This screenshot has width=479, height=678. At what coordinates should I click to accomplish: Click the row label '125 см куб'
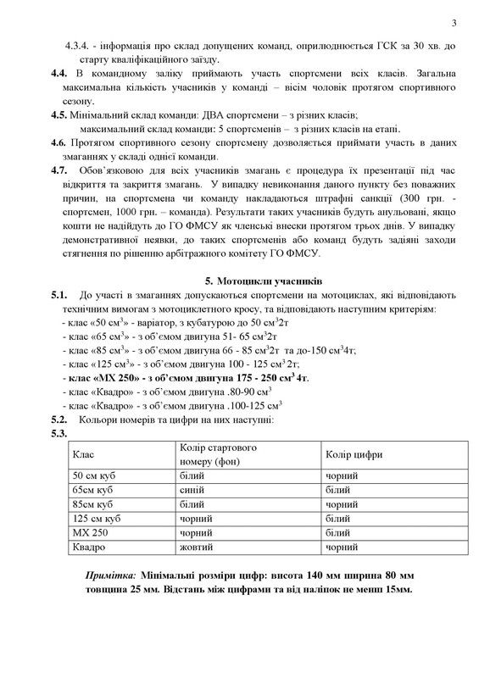click(x=97, y=518)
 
